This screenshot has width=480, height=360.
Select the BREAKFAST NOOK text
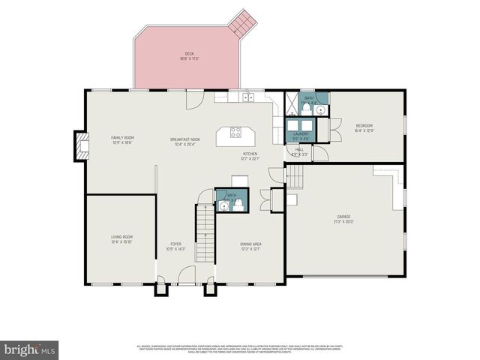(184, 139)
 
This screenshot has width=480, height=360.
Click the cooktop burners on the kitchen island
(235, 133)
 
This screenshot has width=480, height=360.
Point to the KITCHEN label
(250, 155)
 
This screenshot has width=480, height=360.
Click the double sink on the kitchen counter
(247, 97)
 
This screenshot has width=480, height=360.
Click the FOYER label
(175, 245)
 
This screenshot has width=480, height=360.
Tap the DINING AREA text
(250, 245)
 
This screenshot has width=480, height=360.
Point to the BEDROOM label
(364, 127)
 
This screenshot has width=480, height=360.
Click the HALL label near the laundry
(299, 151)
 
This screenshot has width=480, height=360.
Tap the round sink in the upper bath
(321, 109)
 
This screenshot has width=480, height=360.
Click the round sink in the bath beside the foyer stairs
(223, 205)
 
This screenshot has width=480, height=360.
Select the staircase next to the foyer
(205, 232)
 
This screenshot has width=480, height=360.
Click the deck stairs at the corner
(244, 23)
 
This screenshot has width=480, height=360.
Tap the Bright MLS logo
(30, 349)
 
